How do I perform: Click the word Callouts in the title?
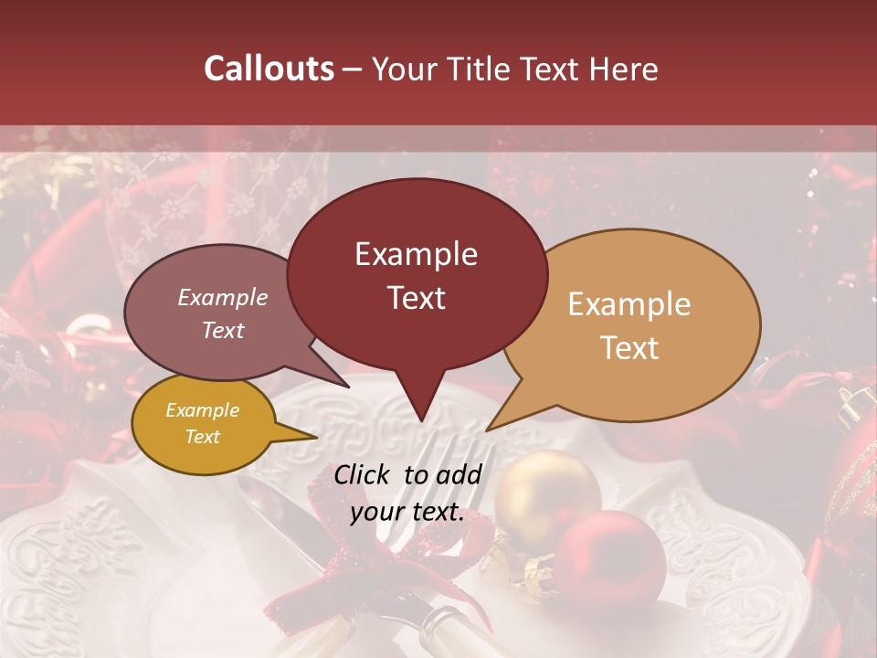tap(269, 69)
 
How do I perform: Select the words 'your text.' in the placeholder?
tap(407, 513)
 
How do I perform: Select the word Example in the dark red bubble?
tap(416, 254)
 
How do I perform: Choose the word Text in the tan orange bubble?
tap(630, 348)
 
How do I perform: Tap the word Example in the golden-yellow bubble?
tap(202, 410)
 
